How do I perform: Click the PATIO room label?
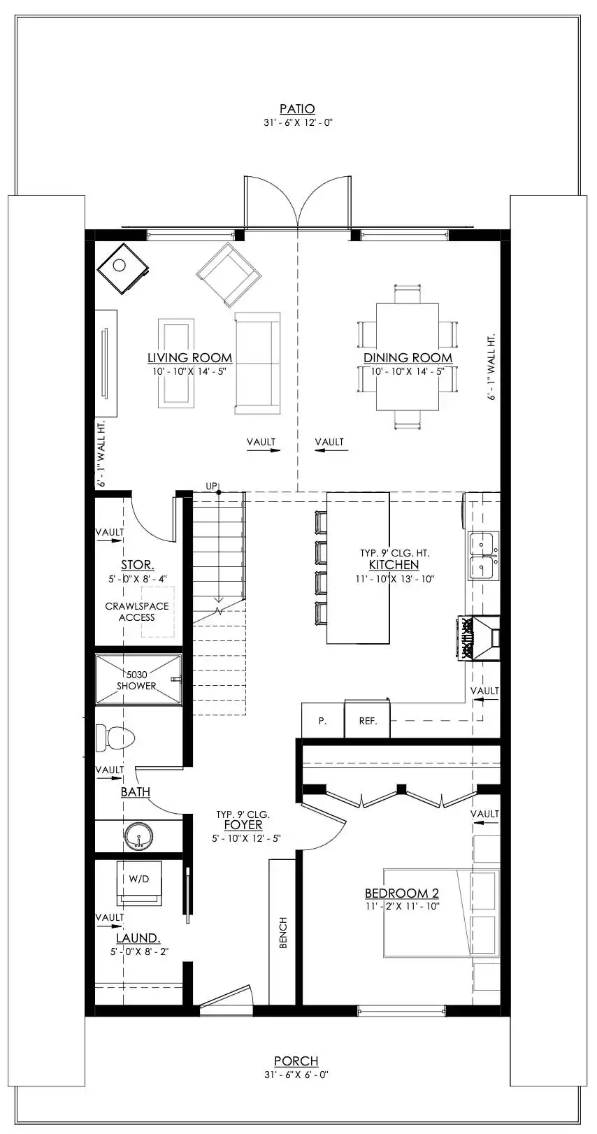pos(297,109)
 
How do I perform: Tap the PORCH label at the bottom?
pos(296,1061)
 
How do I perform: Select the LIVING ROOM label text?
pos(189,358)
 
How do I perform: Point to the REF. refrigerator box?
pos(368,721)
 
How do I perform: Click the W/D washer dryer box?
pos(138,880)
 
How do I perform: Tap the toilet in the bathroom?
pos(115,738)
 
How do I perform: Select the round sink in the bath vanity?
pos(139,836)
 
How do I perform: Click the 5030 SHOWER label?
pos(136,680)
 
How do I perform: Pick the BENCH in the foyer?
pos(283,933)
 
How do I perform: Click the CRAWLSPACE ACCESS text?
pos(137,612)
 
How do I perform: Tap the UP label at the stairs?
pos(211,486)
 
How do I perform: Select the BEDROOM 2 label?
pos(401,893)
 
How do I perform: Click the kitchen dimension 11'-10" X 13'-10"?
pos(394,579)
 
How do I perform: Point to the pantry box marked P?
pos(322,721)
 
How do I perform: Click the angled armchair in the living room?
pos(229,274)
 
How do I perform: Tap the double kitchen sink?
pos(483,556)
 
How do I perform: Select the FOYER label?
pos(243,826)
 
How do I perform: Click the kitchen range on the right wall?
pos(480,638)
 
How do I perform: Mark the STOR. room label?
pos(138,565)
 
